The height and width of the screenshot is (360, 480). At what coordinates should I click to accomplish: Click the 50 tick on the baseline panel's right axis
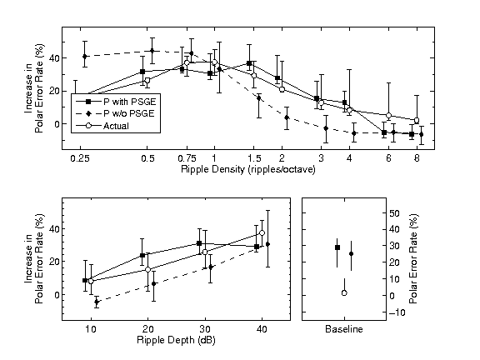[395, 214]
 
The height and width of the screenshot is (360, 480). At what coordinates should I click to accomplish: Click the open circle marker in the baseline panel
[344, 293]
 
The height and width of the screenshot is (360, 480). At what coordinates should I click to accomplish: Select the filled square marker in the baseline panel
[337, 247]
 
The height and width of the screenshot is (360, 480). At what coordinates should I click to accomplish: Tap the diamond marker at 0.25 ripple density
[85, 57]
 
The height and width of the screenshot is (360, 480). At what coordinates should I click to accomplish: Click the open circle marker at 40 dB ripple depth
[262, 233]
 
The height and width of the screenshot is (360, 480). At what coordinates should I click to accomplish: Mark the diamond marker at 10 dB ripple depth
[97, 302]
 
